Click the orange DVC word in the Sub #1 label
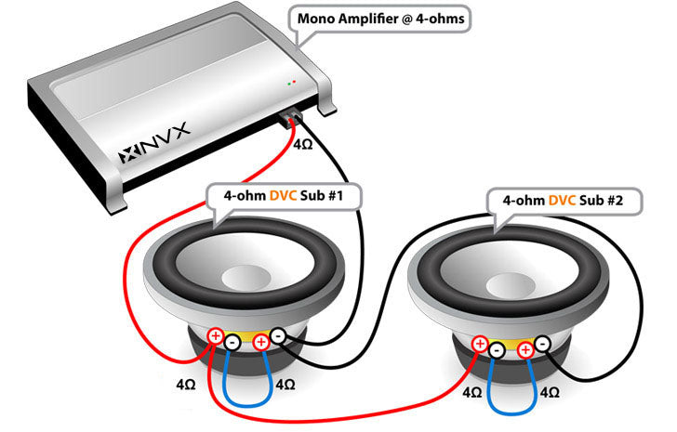coord(284,197)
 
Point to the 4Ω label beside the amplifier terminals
coord(303,146)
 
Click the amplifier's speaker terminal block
coord(291,118)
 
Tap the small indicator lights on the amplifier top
coord(293,82)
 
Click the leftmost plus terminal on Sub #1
coord(216,336)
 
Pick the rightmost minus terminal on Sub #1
coord(276,335)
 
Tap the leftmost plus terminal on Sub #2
coord(480,345)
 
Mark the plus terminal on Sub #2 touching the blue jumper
coord(525,350)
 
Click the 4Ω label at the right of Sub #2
coord(551,393)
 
